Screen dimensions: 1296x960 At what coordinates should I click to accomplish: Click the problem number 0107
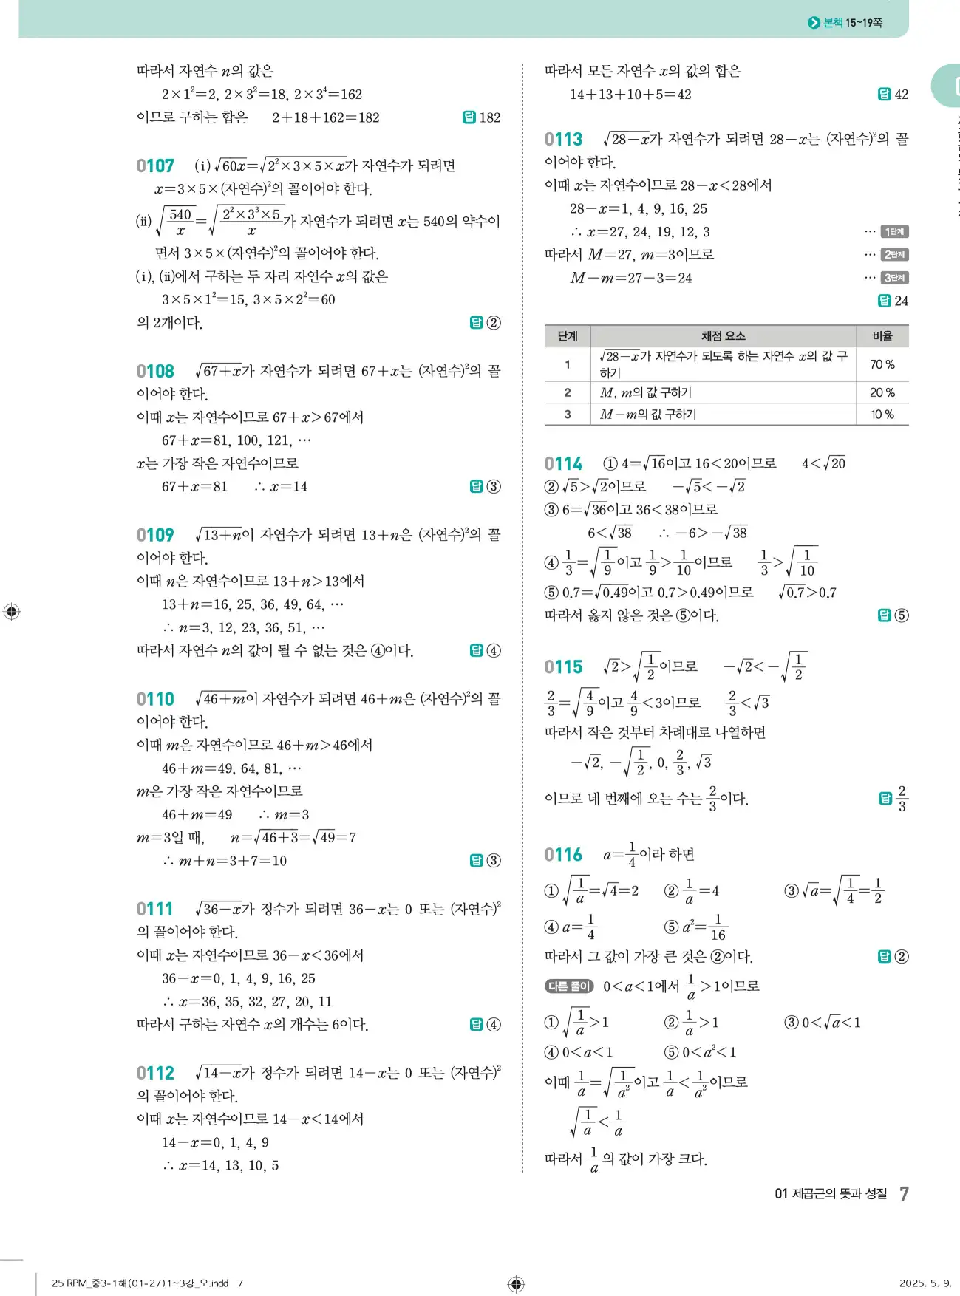[155, 166]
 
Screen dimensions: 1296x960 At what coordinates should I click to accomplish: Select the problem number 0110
[155, 699]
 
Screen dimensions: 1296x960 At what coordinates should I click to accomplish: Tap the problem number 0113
[563, 140]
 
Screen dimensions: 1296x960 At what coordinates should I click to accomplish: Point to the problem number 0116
[563, 855]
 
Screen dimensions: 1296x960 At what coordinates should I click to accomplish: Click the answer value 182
[489, 117]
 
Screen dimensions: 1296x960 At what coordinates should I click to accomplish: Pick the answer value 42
[901, 95]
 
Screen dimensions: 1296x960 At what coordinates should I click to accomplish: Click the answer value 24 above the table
[901, 301]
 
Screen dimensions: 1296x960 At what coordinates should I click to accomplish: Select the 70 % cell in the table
[882, 364]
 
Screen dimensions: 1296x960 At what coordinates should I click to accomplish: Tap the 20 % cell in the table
[882, 392]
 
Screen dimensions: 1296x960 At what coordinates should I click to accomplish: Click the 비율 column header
[882, 336]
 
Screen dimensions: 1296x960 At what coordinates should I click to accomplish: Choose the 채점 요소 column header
[723, 336]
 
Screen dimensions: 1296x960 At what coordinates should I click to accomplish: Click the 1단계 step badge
[894, 232]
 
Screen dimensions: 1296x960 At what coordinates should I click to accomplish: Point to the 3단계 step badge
[894, 278]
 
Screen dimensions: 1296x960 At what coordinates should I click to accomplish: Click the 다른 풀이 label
[569, 986]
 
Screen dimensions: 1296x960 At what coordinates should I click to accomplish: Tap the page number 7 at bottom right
[904, 1193]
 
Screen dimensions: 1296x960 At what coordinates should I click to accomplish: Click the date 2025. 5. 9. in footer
[925, 1283]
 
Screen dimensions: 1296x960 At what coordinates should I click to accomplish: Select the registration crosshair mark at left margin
[12, 612]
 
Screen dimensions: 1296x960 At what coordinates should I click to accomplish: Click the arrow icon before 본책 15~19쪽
[814, 23]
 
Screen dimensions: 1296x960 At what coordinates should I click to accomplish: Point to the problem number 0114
[563, 464]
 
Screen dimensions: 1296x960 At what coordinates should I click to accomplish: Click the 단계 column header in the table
[567, 336]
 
